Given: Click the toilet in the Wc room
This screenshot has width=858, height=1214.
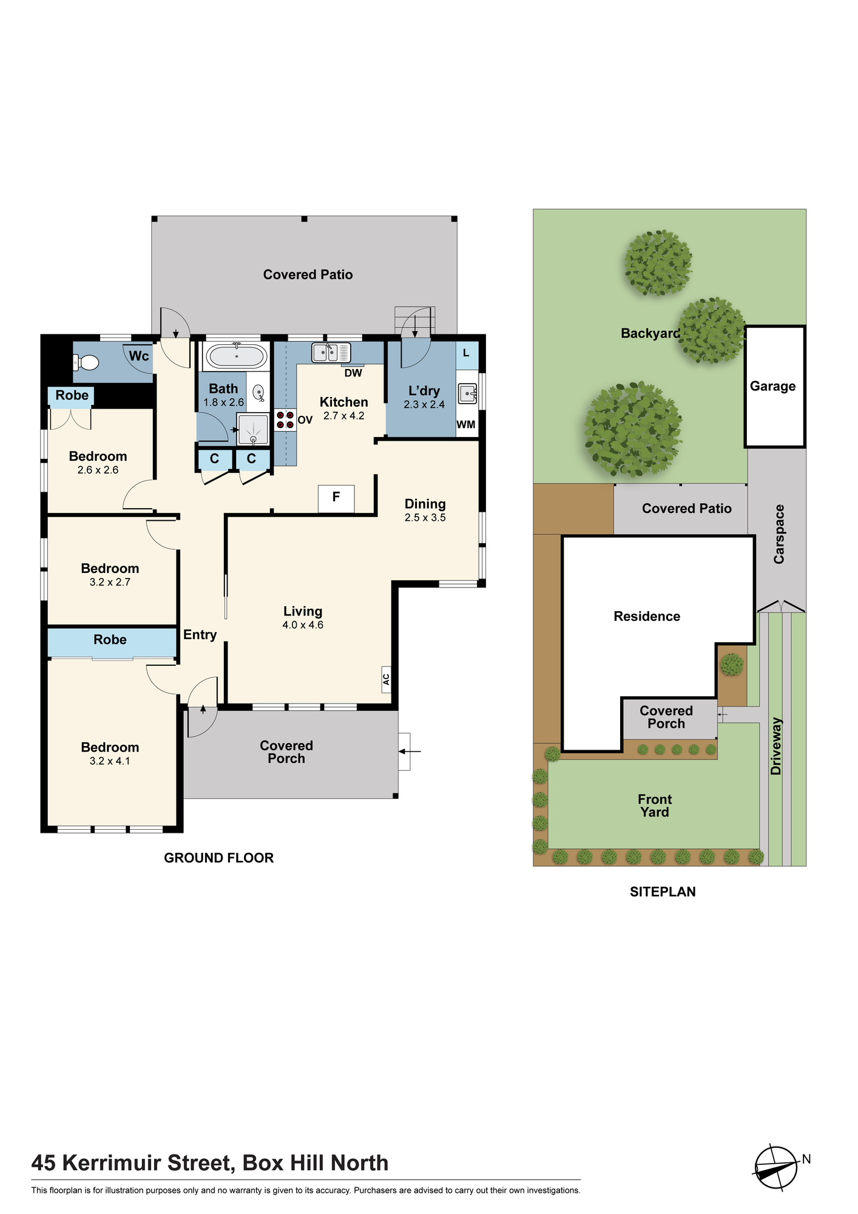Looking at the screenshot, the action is click(86, 363).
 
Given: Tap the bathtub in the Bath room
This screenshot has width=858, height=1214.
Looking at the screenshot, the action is click(235, 356).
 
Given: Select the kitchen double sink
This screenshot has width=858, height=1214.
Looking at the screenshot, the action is click(331, 352).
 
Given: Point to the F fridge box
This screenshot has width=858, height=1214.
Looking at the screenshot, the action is click(336, 498).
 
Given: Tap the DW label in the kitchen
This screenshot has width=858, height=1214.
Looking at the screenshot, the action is click(353, 373).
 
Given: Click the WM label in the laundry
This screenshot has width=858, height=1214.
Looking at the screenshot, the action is click(466, 424).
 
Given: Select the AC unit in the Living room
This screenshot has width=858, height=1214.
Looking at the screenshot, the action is click(386, 679).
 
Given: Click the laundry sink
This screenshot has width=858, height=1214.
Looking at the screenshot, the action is click(467, 393).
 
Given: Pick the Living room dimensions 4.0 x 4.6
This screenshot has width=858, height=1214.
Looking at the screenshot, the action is click(303, 625).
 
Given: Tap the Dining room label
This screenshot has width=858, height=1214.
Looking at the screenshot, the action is click(425, 504).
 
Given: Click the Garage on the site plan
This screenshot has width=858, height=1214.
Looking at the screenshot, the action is click(775, 387).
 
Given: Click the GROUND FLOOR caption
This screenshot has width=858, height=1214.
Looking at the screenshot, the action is click(219, 858).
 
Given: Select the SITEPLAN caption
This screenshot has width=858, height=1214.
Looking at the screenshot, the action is click(663, 892).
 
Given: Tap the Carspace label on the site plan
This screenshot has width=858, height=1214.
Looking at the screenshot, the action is click(779, 534).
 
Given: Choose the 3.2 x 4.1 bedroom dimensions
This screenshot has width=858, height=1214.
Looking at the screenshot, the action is click(110, 761).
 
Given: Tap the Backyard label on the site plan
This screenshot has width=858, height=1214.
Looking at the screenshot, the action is click(650, 333).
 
